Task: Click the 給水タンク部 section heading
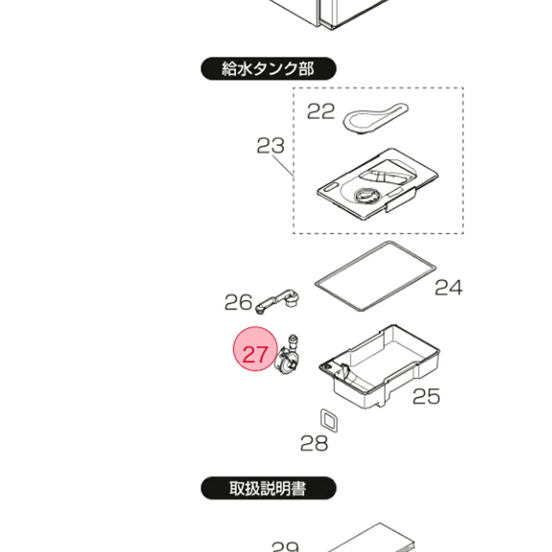pos(268,69)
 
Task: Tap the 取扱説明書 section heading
pos(268,489)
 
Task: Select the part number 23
pos(270,146)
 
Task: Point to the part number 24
pos(448,288)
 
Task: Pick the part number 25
pos(426,396)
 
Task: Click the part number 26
pos(238,302)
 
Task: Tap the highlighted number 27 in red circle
pos(255,353)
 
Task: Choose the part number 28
pos(314,443)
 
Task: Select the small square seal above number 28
pos(329,420)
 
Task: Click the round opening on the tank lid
pos(365,195)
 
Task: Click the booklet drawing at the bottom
pos(375,538)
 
